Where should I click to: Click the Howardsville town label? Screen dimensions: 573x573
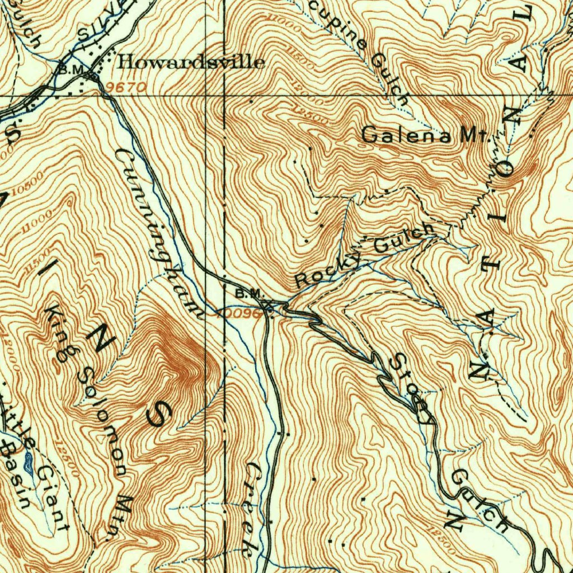point(190,62)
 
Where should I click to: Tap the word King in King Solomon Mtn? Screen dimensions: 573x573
point(63,332)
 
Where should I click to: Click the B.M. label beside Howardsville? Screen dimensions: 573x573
point(71,69)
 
